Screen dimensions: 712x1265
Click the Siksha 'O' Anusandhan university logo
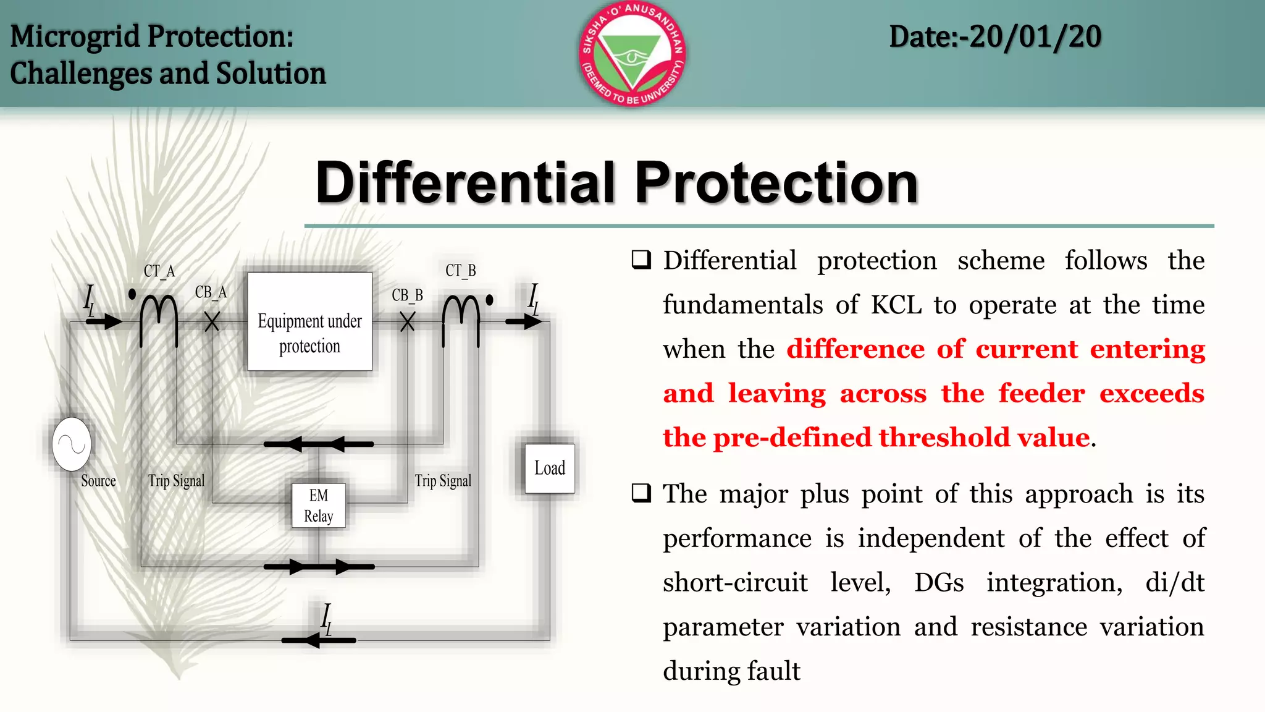tap(632, 54)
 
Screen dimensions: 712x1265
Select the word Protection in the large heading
tap(776, 183)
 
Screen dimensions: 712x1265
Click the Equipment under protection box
tap(309, 321)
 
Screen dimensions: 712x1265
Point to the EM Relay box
tap(318, 506)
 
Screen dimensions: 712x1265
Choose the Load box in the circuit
tap(550, 468)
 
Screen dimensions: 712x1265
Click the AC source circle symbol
tap(72, 444)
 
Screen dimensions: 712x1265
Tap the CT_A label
tap(159, 271)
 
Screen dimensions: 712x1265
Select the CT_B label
tap(461, 271)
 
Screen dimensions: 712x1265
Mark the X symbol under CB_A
tap(212, 321)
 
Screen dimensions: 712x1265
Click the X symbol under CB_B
tap(407, 321)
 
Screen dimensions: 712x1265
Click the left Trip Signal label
tap(176, 481)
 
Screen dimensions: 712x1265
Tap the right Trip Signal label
tap(443, 481)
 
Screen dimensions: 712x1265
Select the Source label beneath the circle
tap(98, 481)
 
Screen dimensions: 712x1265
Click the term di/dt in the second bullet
tap(1174, 583)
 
